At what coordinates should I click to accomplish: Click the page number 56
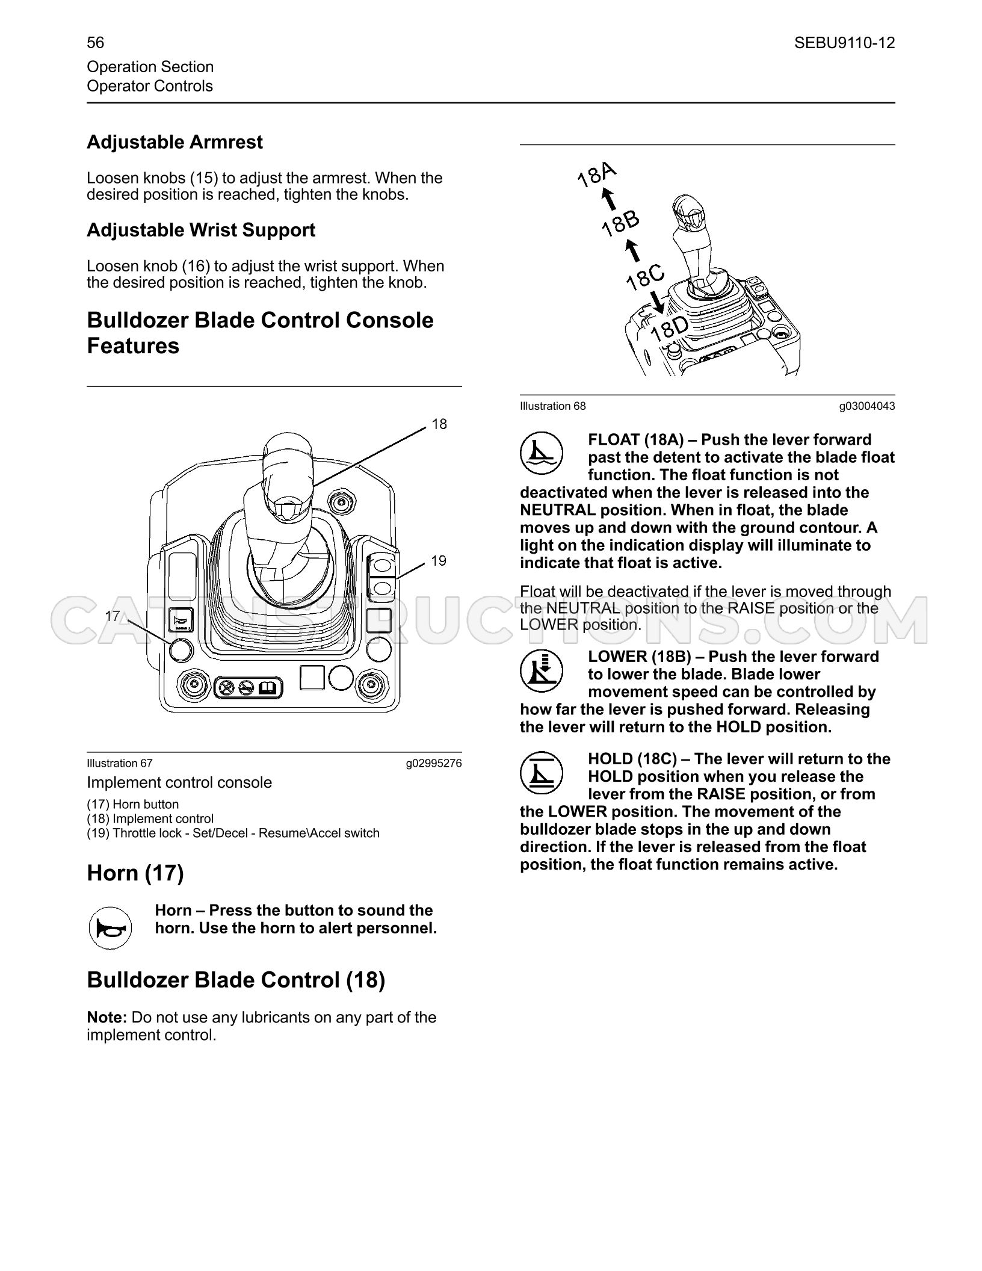tap(95, 43)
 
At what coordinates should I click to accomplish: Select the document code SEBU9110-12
tap(844, 43)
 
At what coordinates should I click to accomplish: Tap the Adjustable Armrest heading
tap(174, 143)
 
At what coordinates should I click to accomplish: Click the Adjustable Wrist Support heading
tap(201, 230)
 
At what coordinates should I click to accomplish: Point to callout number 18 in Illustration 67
tap(439, 424)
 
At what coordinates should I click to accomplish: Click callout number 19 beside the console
tap(439, 561)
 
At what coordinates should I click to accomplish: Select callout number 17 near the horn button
tap(113, 616)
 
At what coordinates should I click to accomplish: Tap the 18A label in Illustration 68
tap(597, 175)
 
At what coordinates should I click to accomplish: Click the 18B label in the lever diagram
tap(621, 223)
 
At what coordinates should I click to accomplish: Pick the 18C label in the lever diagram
tap(646, 277)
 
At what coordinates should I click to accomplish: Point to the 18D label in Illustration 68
tap(669, 329)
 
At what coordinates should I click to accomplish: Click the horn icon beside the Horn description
tap(110, 928)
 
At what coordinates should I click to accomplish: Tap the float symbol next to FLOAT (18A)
tap(542, 453)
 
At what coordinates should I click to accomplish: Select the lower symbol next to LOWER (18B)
tap(542, 670)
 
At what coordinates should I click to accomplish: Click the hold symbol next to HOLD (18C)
tap(542, 773)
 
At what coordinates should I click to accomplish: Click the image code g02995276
tap(434, 764)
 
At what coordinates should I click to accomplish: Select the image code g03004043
tap(867, 406)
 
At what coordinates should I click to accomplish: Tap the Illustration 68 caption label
tap(553, 406)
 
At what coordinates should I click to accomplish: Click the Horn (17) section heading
tap(135, 873)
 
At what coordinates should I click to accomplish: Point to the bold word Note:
tap(107, 1017)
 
